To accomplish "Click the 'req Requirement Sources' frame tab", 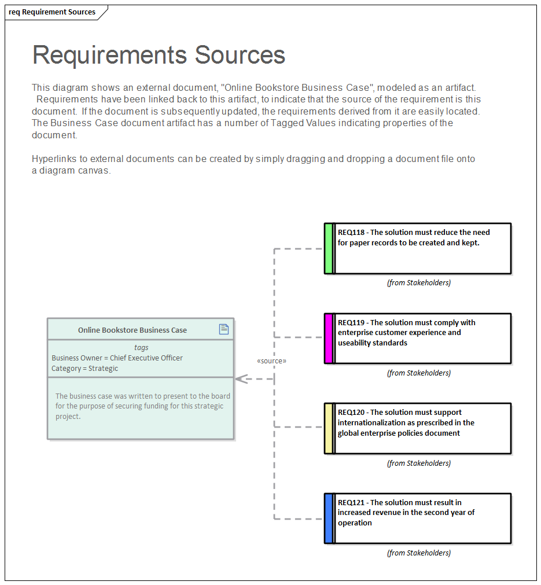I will coord(52,12).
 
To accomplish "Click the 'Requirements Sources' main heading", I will coord(159,55).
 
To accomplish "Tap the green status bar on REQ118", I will coord(329,248).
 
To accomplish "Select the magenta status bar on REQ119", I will coord(329,339).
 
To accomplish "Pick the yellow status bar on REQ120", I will coord(329,428).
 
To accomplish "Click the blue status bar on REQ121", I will coord(329,518).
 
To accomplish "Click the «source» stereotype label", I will coord(271,361).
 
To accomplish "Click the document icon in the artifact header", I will coord(224,329).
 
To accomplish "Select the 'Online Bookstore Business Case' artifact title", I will coord(133,330).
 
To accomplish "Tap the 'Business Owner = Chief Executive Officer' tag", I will coord(117,358).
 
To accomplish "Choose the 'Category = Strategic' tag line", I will coord(84,369).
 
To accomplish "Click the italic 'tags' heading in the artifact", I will coord(141,348).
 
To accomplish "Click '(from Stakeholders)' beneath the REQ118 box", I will coord(418,283).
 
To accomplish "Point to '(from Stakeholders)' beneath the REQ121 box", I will coord(418,553).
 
